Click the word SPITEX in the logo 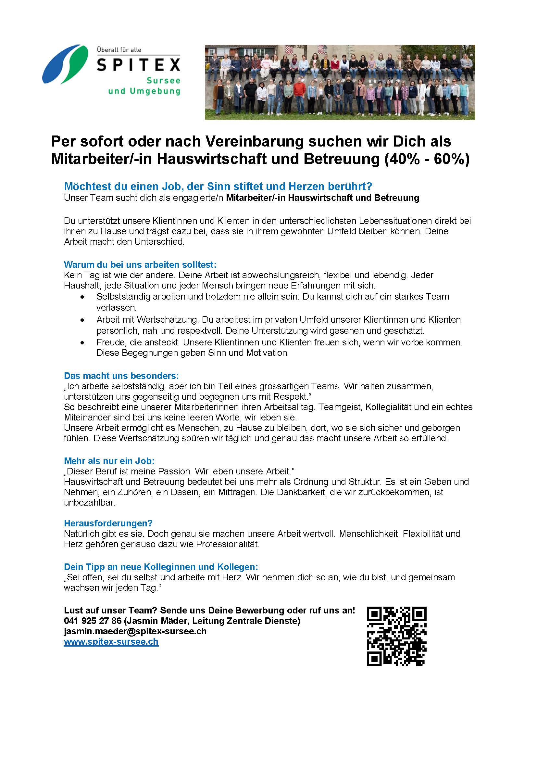click(138, 65)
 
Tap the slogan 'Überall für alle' click(119, 50)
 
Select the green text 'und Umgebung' click(144, 91)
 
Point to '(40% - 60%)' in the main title click(427, 159)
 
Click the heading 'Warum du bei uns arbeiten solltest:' click(140, 264)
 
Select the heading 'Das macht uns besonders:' click(121, 376)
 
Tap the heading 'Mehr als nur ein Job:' click(109, 461)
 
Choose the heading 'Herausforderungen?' click(108, 523)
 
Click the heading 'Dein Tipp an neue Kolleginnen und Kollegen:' click(161, 567)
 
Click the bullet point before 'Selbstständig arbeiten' click(82, 297)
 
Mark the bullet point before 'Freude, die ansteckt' click(82, 342)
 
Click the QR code click(396, 636)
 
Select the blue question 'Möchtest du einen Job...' click(218, 187)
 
